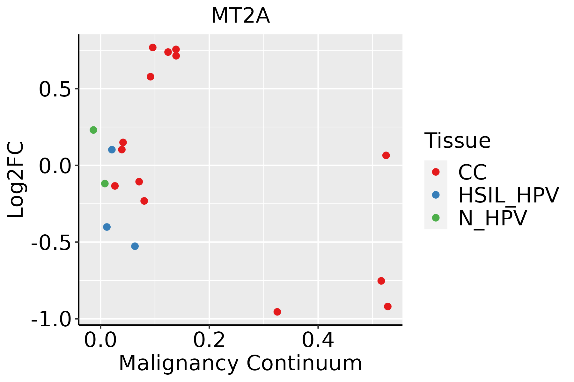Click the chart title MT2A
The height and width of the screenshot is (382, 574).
pyautogui.click(x=240, y=16)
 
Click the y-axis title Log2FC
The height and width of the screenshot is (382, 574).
pyautogui.click(x=16, y=180)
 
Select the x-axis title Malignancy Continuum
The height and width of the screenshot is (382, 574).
pyautogui.click(x=240, y=363)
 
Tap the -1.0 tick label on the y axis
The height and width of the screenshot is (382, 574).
pyautogui.click(x=51, y=319)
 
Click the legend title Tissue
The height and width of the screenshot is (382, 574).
pyautogui.click(x=457, y=140)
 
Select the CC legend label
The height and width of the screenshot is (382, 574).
pyautogui.click(x=473, y=172)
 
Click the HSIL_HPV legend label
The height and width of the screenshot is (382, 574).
pyautogui.click(x=508, y=195)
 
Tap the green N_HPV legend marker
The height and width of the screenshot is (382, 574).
pyautogui.click(x=436, y=218)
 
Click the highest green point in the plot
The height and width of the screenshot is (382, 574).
pyautogui.click(x=93, y=130)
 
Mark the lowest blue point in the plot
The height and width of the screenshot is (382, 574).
pyautogui.click(x=135, y=246)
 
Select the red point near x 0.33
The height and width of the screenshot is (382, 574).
pyautogui.click(x=277, y=312)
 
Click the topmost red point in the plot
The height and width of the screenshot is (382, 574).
pyautogui.click(x=153, y=47)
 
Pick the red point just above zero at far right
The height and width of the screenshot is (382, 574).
pyautogui.click(x=386, y=155)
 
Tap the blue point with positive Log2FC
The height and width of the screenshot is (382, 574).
pyautogui.click(x=112, y=150)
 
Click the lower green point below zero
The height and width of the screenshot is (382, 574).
pyautogui.click(x=105, y=183)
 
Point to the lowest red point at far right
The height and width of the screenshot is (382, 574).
pyautogui.click(x=388, y=307)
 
